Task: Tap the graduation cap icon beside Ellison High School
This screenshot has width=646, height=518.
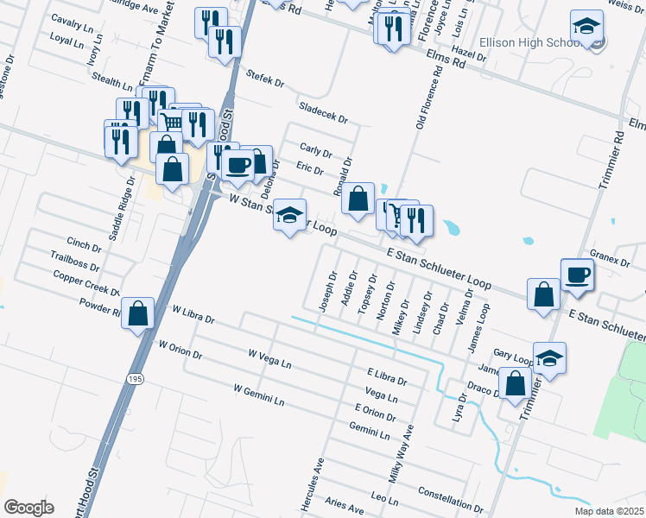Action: (587, 29)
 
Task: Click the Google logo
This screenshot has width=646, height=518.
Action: (29, 508)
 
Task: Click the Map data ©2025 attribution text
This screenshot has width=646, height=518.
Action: (610, 511)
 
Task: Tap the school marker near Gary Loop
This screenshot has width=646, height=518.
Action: (549, 357)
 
